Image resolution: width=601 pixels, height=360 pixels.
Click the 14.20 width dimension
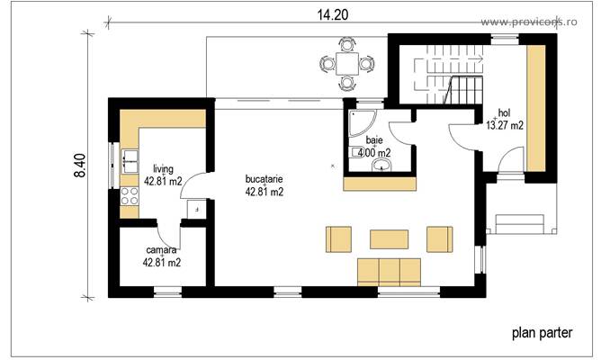pos(332,13)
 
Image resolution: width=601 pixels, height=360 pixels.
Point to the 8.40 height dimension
pos(79,168)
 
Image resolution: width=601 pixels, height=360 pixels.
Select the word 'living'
pos(163,168)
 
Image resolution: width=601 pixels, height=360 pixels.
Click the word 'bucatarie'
pos(265,178)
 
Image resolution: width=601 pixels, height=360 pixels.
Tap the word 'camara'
pos(162,250)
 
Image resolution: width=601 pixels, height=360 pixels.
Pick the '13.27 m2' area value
pos(505,125)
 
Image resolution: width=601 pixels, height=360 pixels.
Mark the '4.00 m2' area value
pos(373,153)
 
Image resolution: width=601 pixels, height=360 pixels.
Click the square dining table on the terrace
pos(347,63)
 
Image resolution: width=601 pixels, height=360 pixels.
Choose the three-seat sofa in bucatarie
pos(389,270)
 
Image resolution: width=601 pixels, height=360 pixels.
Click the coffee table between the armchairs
pos(389,238)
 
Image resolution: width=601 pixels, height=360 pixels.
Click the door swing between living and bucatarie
pos(202,185)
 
